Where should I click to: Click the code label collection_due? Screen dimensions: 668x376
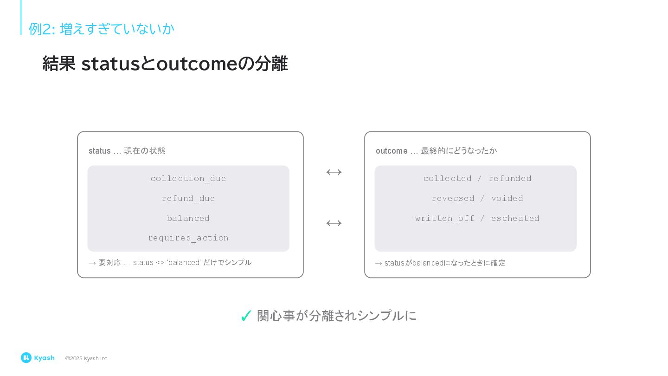[188, 179]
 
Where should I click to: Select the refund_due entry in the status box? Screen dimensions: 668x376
[188, 199]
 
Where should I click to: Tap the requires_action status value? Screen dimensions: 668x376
[188, 238]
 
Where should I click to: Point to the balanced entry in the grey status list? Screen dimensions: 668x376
[188, 218]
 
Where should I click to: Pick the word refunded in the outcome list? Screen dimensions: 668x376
[510, 179]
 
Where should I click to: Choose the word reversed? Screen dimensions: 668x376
[453, 199]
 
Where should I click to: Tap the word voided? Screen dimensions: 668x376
[507, 199]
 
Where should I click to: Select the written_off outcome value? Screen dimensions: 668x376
[445, 218]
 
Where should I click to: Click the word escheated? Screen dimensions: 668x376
[515, 218]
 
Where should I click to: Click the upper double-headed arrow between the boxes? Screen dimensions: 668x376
[334, 172]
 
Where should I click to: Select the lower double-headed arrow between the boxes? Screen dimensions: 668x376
[334, 223]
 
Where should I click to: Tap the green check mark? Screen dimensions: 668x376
[246, 316]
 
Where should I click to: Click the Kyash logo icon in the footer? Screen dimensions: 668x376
[26, 357]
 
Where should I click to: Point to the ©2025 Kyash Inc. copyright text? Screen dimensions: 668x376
[87, 358]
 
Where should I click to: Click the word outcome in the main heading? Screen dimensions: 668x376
[197, 64]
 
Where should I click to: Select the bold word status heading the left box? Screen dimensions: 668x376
[99, 151]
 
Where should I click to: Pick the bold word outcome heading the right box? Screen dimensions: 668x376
[392, 151]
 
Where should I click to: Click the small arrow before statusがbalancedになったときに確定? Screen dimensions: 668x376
[379, 263]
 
